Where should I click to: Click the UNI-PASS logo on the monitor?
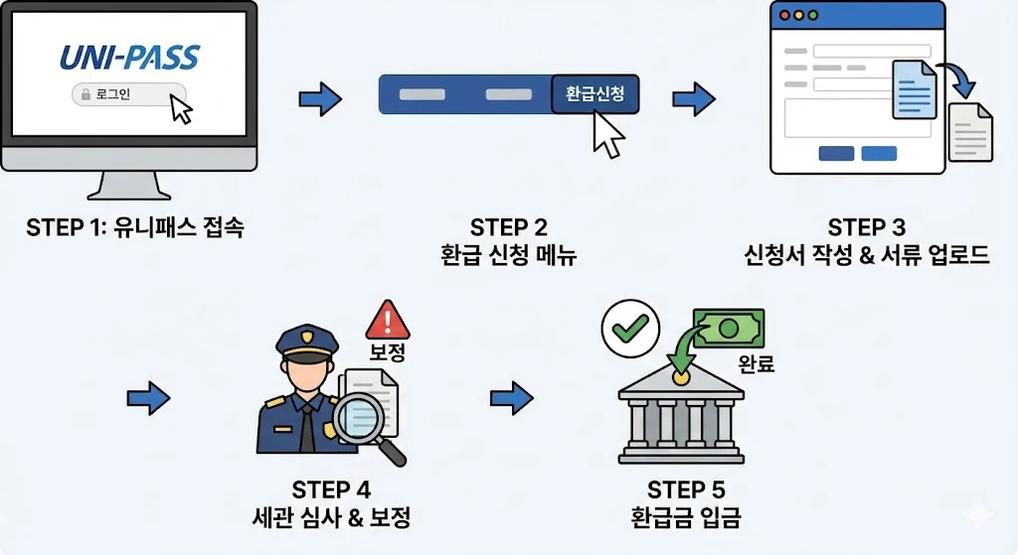tap(129, 57)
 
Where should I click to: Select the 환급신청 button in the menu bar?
tap(594, 94)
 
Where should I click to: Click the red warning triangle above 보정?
tap(389, 321)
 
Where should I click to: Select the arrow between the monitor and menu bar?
tap(320, 97)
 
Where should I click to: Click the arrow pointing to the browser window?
tap(694, 97)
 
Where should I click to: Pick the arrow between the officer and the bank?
tap(512, 398)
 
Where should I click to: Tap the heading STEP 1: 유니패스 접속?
tap(135, 227)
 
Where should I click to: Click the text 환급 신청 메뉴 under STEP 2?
tap(509, 255)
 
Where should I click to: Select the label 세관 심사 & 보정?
tap(331, 517)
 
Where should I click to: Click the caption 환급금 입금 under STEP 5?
tap(686, 517)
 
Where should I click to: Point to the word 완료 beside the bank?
tap(757, 364)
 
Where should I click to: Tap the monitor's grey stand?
tap(129, 186)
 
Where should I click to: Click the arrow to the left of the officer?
tap(149, 398)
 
